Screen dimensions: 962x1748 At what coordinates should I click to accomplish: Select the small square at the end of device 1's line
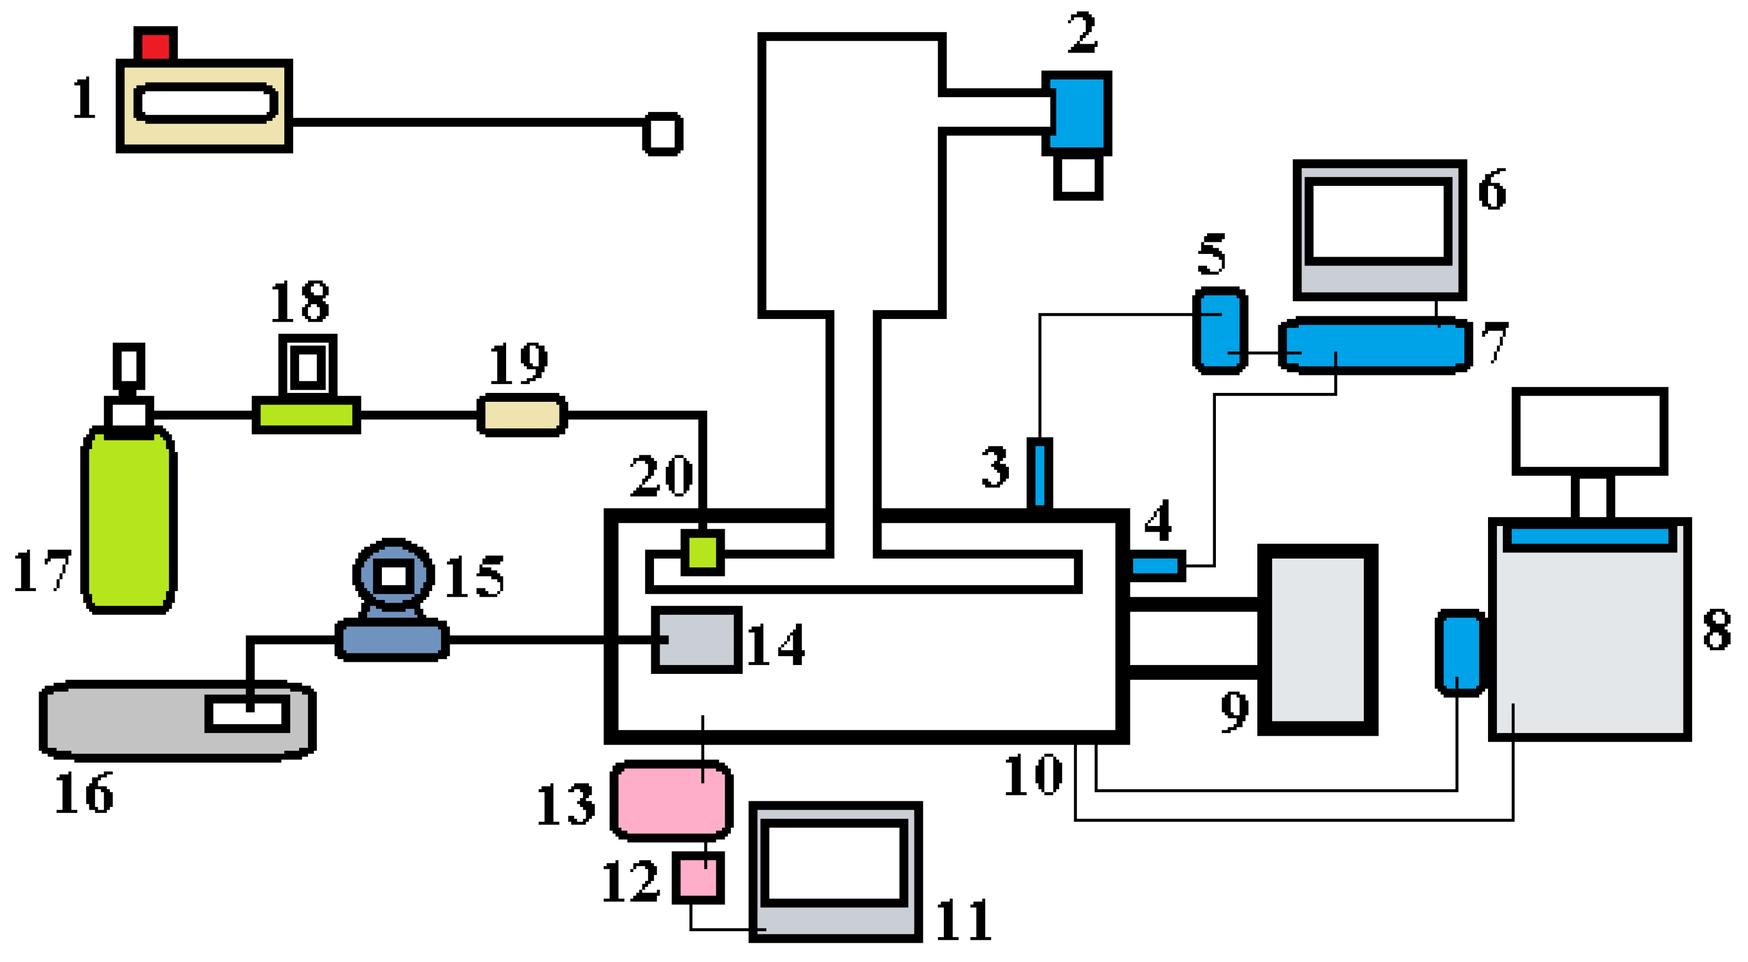(662, 134)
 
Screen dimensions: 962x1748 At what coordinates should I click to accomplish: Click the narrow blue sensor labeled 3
(1039, 474)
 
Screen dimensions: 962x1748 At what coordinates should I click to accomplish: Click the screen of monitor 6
(1378, 221)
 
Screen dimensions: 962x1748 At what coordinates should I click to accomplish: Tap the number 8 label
(1716, 629)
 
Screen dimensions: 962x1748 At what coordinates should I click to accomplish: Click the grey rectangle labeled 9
(1317, 639)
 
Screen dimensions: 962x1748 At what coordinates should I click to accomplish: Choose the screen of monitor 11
(834, 862)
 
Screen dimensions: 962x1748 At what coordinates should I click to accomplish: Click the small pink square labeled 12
(698, 877)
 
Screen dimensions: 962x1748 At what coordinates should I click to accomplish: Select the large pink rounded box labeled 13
(671, 800)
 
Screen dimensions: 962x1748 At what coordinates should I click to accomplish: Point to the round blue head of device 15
(394, 573)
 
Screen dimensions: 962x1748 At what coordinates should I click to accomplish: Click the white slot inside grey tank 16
(248, 713)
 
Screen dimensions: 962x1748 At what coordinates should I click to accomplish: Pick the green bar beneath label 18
(306, 414)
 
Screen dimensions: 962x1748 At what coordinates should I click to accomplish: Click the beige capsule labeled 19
(522, 414)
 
